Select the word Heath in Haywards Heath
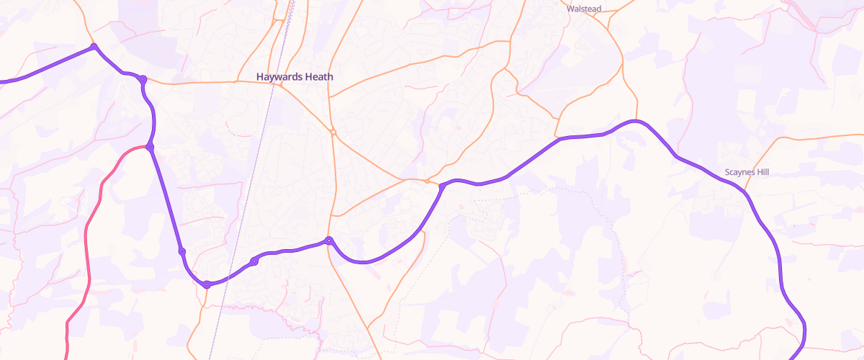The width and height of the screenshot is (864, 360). pos(320,76)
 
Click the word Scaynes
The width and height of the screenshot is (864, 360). pos(740,173)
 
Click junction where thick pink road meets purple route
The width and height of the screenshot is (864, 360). pos(150,147)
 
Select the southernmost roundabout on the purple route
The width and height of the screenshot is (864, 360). pos(207,285)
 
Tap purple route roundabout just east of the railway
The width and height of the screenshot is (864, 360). pos(253,261)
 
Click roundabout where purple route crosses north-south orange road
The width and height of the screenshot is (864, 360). pos(328,240)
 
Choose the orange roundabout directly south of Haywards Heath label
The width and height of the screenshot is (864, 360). pos(333,132)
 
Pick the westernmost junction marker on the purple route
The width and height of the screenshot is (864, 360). pos(94,47)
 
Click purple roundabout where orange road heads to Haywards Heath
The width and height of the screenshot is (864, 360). pos(143,79)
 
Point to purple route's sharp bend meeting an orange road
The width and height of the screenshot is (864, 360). pos(441,186)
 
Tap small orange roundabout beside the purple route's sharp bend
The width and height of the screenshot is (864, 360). pos(428,181)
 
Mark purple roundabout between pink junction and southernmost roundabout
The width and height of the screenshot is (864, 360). pos(182,251)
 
